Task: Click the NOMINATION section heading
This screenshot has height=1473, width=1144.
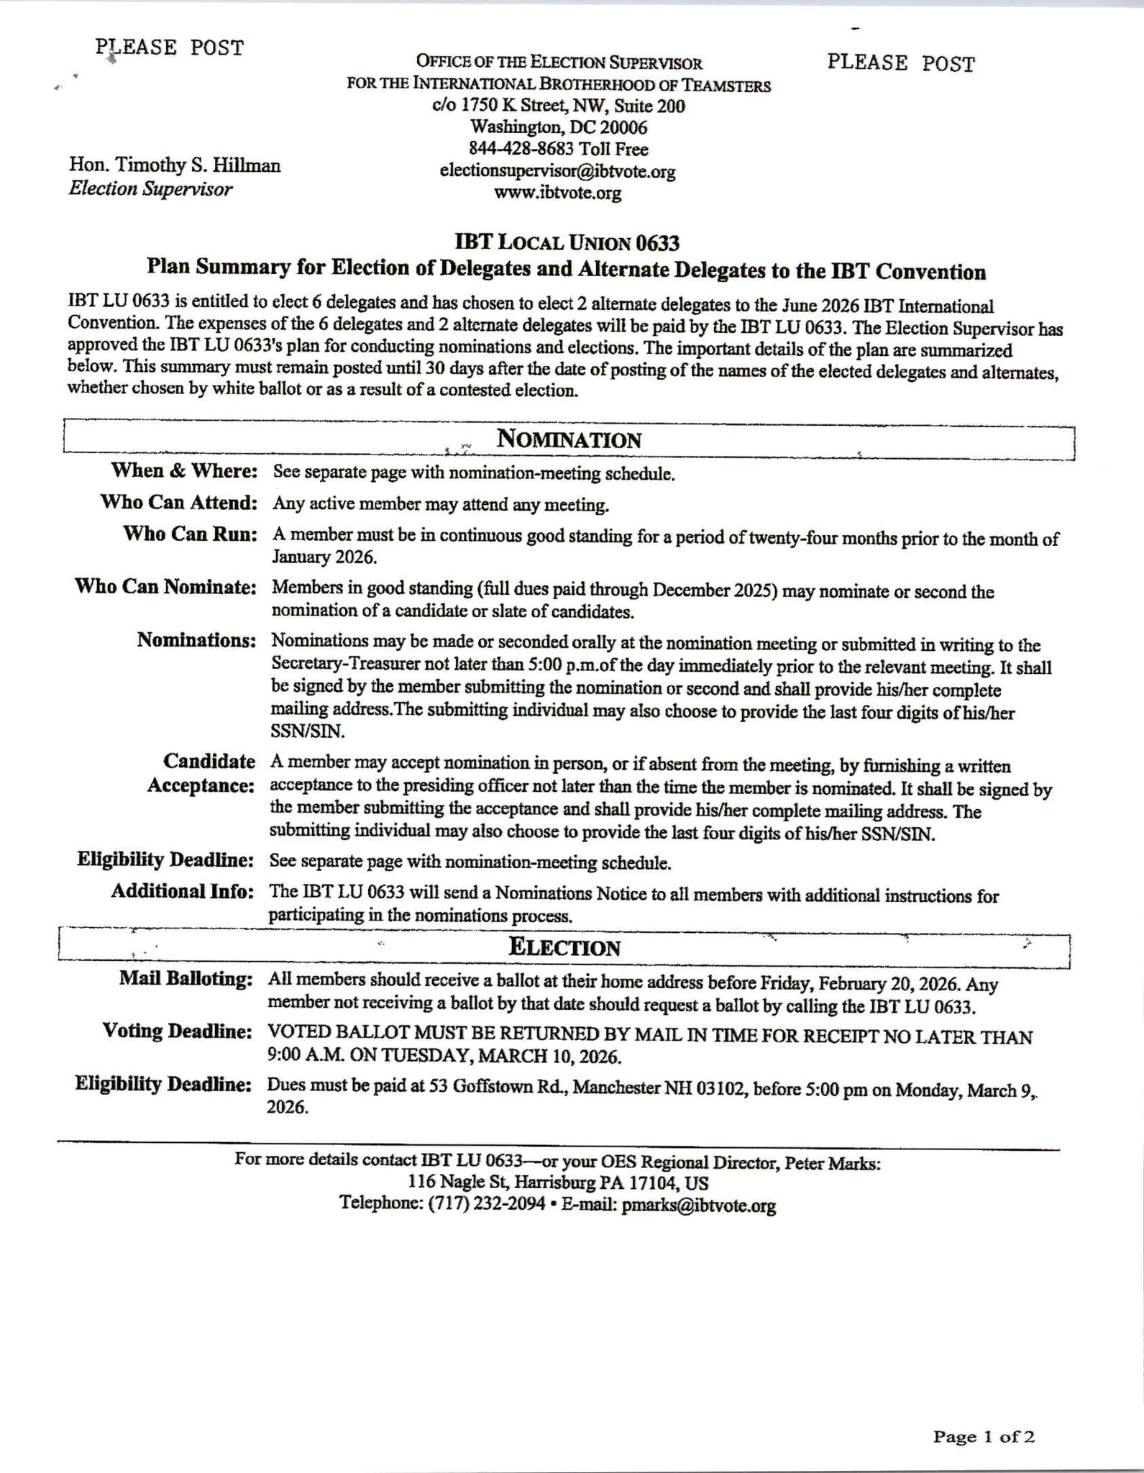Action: (x=569, y=439)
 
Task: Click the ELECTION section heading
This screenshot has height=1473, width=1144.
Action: (x=564, y=947)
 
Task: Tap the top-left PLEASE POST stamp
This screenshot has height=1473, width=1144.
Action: (x=170, y=48)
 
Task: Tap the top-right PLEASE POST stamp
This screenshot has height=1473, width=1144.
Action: (x=900, y=64)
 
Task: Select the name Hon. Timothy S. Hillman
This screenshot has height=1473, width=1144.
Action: (x=175, y=165)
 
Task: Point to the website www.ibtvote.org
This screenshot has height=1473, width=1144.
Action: (x=557, y=193)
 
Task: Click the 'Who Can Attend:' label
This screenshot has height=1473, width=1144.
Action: (x=179, y=503)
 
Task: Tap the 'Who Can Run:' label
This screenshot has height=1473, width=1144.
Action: (x=191, y=534)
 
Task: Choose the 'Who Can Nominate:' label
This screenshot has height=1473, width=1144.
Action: (x=166, y=587)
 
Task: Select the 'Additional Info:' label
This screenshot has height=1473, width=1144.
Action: (x=183, y=892)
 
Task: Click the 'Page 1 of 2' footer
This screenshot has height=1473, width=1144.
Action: (x=984, y=1437)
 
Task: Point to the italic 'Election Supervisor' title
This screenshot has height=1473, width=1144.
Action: (x=150, y=189)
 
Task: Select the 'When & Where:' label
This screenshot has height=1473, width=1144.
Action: (x=184, y=471)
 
